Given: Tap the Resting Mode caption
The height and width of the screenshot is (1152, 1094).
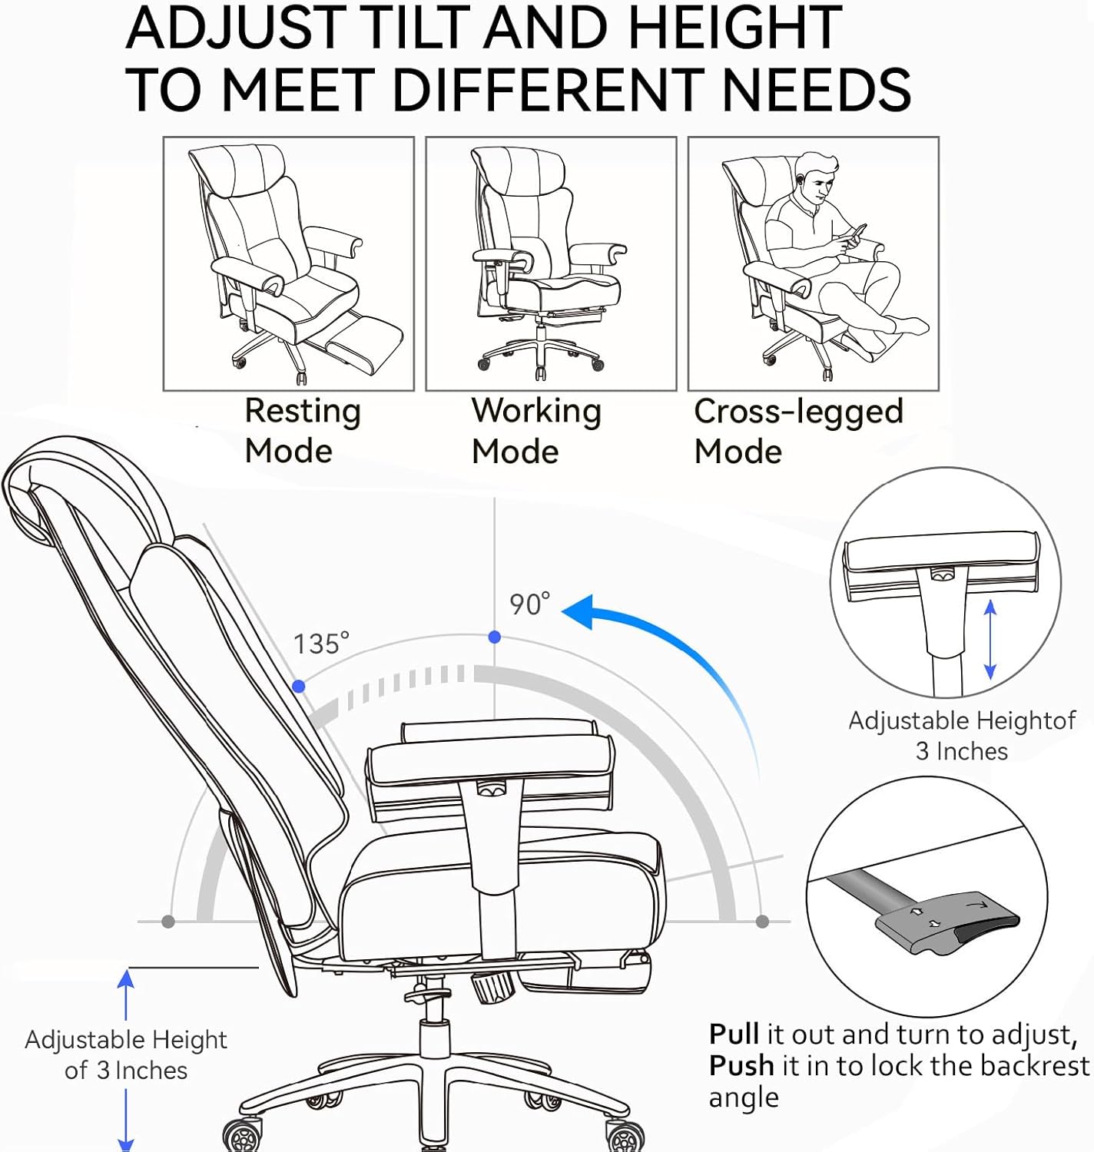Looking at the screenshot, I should (302, 431).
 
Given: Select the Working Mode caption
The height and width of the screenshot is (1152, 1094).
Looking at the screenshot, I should (535, 431).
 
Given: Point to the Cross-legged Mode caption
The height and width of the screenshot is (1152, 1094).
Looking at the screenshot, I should (797, 431).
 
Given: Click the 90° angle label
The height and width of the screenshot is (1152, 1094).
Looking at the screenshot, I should (529, 604).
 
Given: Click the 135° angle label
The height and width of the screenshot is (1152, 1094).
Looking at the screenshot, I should (320, 644).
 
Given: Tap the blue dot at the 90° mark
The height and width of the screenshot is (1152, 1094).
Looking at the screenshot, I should (495, 637).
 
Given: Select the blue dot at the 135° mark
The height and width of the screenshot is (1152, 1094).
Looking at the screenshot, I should (299, 687).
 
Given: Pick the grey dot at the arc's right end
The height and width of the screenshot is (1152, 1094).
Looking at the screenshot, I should (762, 921).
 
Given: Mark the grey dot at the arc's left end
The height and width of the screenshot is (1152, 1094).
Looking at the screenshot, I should (168, 922).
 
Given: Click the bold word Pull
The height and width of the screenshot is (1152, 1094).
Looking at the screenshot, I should (734, 1034).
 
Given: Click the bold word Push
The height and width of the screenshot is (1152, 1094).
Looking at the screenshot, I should (741, 1066).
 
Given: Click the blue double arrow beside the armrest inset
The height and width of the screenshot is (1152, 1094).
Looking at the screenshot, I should (990, 640).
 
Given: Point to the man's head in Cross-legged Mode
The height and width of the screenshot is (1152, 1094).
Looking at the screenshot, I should (817, 177).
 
